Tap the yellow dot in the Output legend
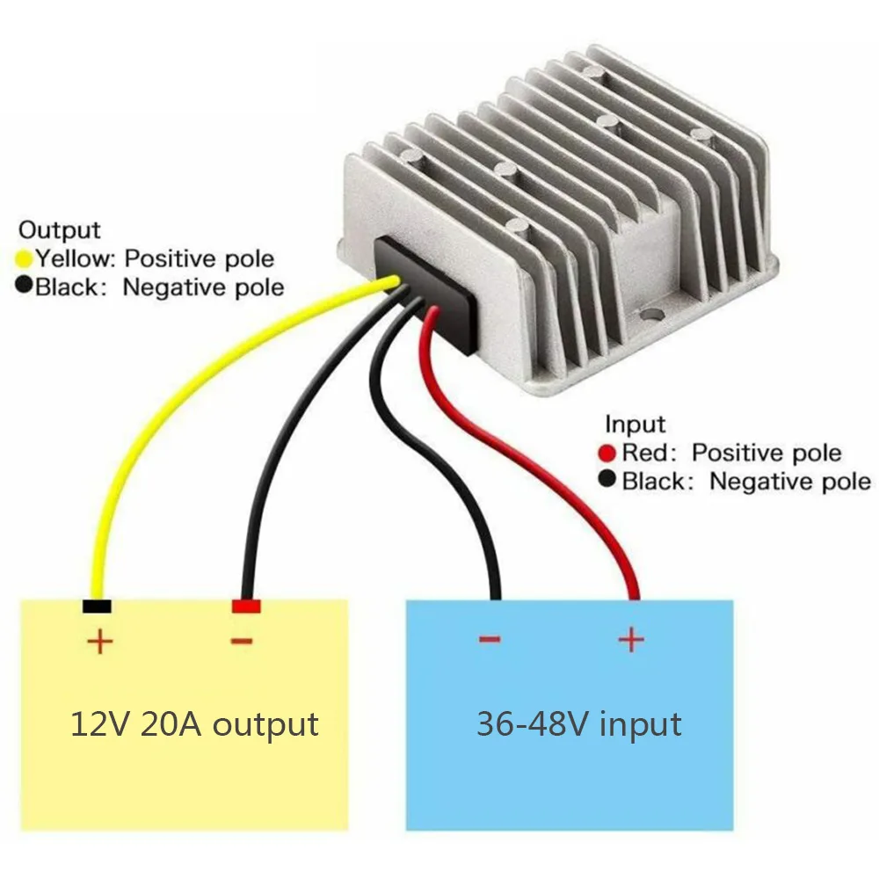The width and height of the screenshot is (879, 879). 24,259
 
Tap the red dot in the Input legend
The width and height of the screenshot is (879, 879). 607,454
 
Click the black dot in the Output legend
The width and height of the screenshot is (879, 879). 24,287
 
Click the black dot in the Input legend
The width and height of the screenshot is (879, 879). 607,481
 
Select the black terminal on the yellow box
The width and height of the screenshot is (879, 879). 96,606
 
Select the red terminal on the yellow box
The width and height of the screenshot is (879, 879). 246,606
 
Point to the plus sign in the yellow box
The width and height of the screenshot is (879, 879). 100,642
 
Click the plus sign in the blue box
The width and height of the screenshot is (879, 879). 630,639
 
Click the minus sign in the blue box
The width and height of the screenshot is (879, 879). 490,639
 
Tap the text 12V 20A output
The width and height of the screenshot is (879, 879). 194,724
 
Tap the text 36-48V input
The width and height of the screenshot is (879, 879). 578,724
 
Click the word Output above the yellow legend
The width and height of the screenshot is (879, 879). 60,230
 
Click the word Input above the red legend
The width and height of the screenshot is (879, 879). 636,425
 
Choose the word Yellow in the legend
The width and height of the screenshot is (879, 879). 75,259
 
